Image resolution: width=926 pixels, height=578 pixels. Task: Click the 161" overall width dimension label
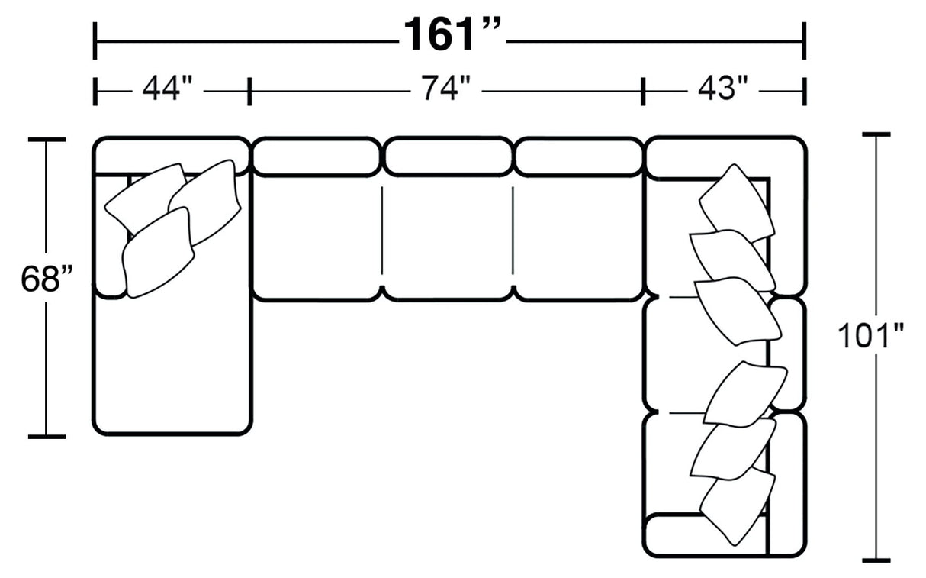click(x=453, y=35)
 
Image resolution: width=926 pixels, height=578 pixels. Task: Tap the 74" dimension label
click(x=443, y=89)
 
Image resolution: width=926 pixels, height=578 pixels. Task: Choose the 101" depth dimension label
click(x=870, y=335)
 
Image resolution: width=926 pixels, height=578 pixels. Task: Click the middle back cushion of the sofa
click(x=447, y=156)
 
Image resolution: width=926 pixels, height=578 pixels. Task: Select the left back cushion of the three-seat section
click(x=317, y=156)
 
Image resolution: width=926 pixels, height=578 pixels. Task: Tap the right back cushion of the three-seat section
click(x=578, y=156)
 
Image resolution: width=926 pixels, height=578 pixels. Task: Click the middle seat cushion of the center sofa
click(x=447, y=237)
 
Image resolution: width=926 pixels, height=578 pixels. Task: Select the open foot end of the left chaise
click(x=172, y=366)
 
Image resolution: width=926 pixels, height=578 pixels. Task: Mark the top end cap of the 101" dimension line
click(x=876, y=134)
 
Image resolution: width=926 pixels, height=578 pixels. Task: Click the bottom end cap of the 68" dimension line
click(x=47, y=437)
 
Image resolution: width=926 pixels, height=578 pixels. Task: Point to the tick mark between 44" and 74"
click(x=249, y=91)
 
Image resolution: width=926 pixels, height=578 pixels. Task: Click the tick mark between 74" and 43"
click(x=644, y=91)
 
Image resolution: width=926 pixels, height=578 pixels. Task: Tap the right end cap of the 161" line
click(x=804, y=40)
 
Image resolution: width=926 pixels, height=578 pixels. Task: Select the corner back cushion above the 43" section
click(x=725, y=157)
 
